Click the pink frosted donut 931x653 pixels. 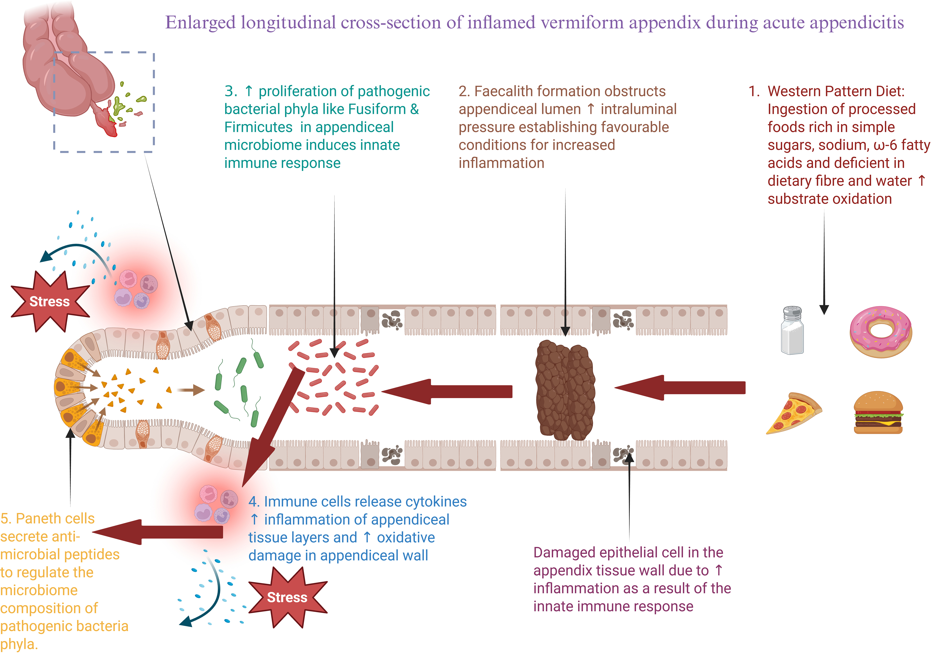pos(881,332)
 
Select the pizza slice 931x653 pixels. pos(794,413)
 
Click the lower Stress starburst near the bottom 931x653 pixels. pos(288,597)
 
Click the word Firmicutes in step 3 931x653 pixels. pos(258,127)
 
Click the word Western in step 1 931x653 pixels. pos(796,91)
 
